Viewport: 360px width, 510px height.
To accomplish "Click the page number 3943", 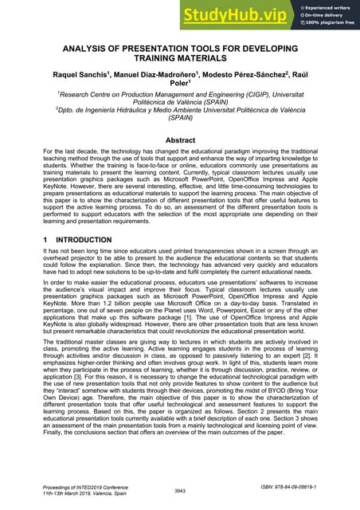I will [x=180, y=491].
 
